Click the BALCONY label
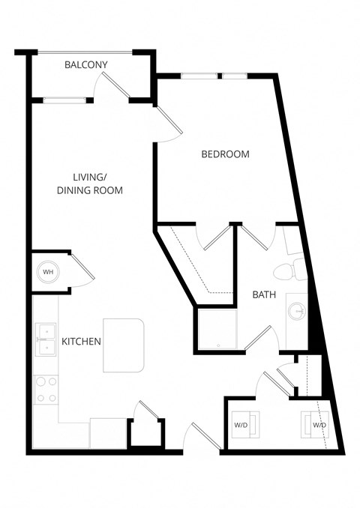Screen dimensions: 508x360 85,65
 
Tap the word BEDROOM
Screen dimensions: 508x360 225,154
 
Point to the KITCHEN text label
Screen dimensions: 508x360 81,342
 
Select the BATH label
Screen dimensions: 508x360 264,295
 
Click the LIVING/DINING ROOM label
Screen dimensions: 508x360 89,184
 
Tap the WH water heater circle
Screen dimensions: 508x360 48,271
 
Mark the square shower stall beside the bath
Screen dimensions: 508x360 216,329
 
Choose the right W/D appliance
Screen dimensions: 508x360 314,425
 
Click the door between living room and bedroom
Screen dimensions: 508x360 166,122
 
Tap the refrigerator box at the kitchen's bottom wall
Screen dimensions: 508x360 107,433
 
